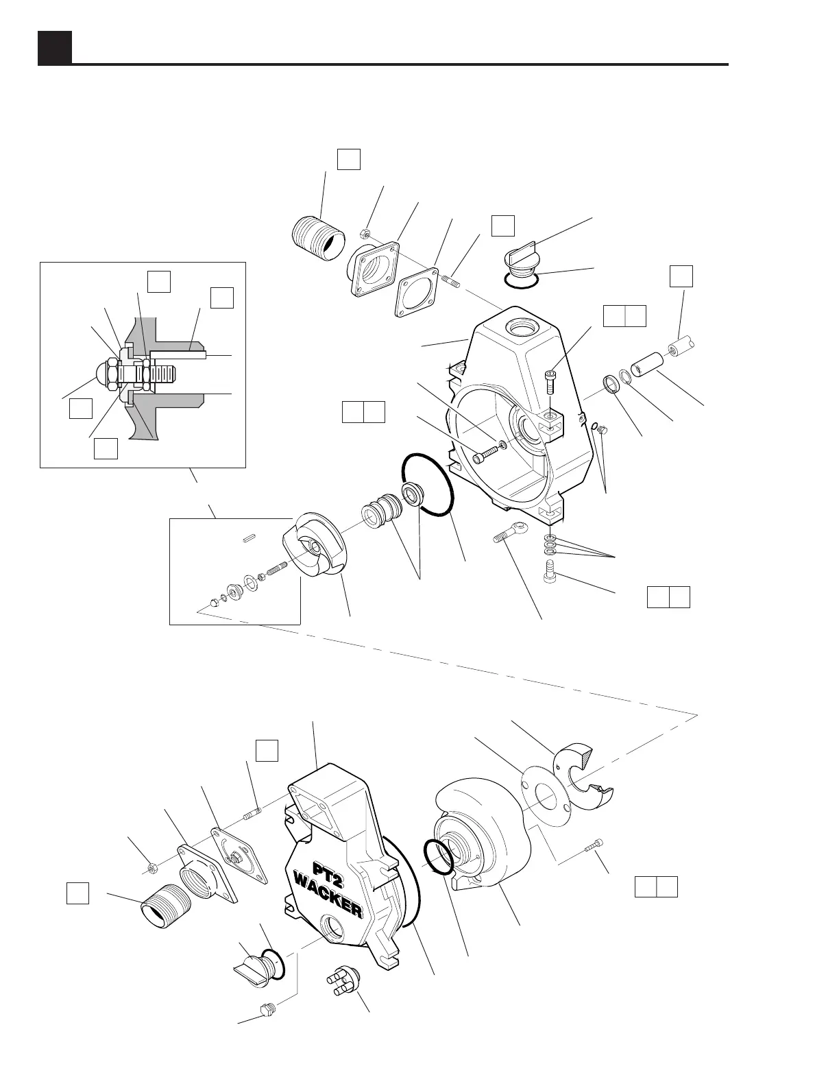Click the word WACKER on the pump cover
[327, 893]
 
